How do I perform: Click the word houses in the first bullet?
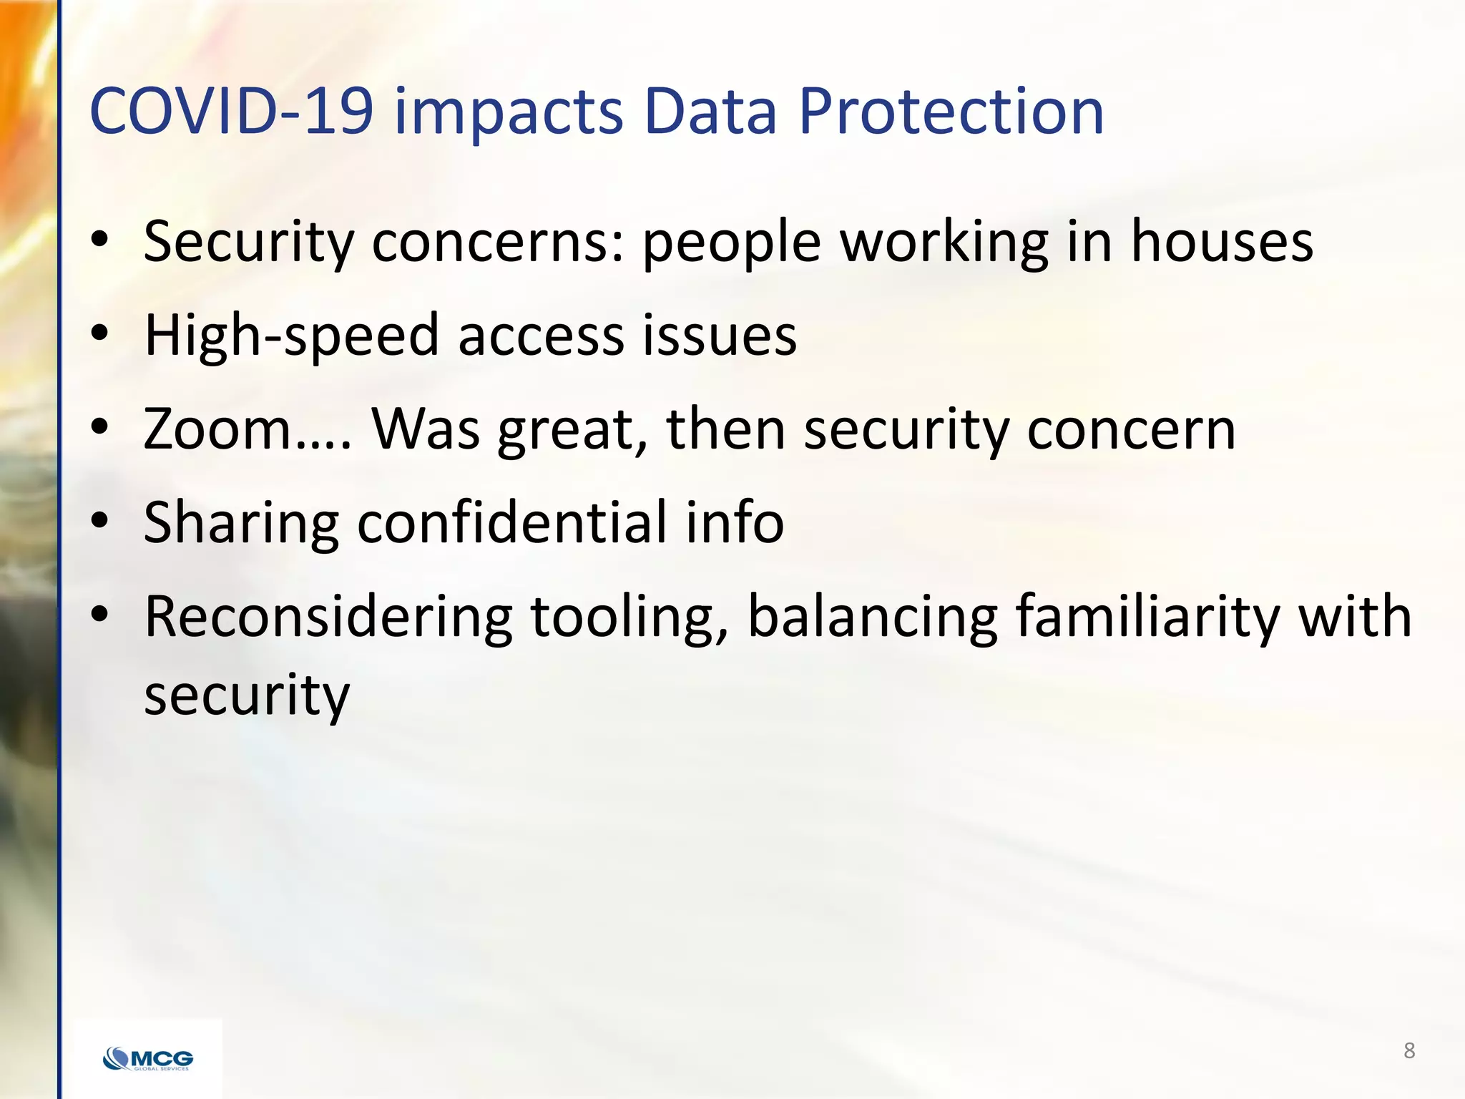pos(1221,241)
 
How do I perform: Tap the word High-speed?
pos(291,336)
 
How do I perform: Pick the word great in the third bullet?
pos(572,431)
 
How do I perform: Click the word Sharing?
pos(240,524)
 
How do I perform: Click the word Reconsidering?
pos(328,617)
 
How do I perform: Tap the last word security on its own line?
pos(247,695)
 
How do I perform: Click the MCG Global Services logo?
pos(148,1058)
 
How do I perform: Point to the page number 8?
pos(1408,1050)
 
